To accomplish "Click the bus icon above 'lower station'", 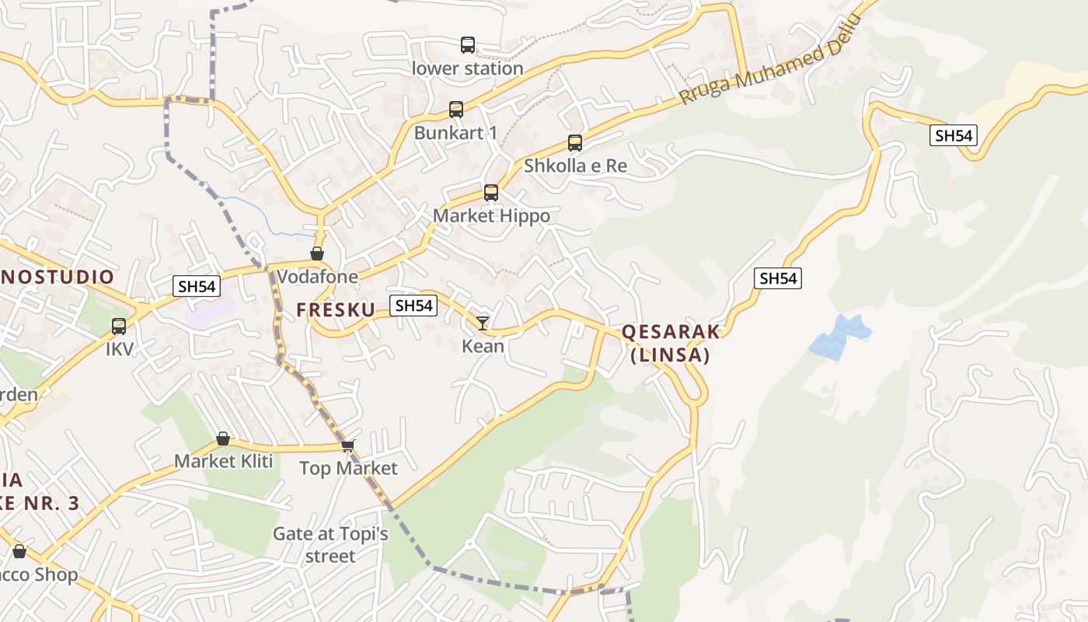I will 467,45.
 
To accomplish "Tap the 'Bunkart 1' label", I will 455,133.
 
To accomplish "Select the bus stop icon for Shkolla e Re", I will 574,143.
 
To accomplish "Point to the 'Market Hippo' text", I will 491,215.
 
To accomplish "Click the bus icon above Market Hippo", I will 490,193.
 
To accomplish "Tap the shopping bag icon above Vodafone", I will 317,253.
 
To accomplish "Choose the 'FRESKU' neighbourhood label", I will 335,309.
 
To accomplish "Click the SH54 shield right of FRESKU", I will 413,306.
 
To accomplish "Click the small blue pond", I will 839,337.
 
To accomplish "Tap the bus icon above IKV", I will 119,327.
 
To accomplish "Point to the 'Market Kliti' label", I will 223,461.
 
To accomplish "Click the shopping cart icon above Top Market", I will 347,446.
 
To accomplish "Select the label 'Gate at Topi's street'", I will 330,545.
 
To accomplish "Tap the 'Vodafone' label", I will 317,277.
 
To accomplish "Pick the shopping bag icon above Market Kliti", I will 223,439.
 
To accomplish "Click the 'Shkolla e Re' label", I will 575,166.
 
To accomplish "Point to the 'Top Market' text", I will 348,468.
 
